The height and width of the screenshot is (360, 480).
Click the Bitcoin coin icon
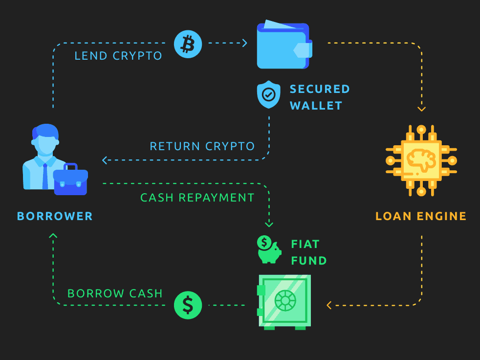tap(188, 44)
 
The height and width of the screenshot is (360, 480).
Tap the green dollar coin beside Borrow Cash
tap(188, 305)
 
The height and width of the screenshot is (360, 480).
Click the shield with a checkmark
tap(268, 95)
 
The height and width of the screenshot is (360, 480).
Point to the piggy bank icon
tap(269, 250)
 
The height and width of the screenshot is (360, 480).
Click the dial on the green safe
tap(285, 300)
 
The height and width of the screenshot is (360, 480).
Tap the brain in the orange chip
tap(421, 159)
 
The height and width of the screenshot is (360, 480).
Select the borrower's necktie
tap(45, 177)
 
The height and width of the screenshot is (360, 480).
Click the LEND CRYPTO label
tap(118, 56)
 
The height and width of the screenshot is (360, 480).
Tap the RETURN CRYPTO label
tap(202, 146)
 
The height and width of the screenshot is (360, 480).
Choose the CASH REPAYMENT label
tap(197, 198)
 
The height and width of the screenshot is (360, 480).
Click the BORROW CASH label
tap(115, 293)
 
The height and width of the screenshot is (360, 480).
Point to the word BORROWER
tap(55, 216)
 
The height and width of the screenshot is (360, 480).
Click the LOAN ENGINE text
tap(421, 216)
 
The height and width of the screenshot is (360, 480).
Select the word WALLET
tap(316, 106)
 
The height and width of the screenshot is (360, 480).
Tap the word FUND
tap(309, 261)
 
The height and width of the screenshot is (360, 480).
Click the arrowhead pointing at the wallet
tap(244, 43)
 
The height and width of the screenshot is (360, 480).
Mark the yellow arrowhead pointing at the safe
tap(329, 305)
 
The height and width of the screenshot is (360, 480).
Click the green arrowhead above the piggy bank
tap(269, 225)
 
